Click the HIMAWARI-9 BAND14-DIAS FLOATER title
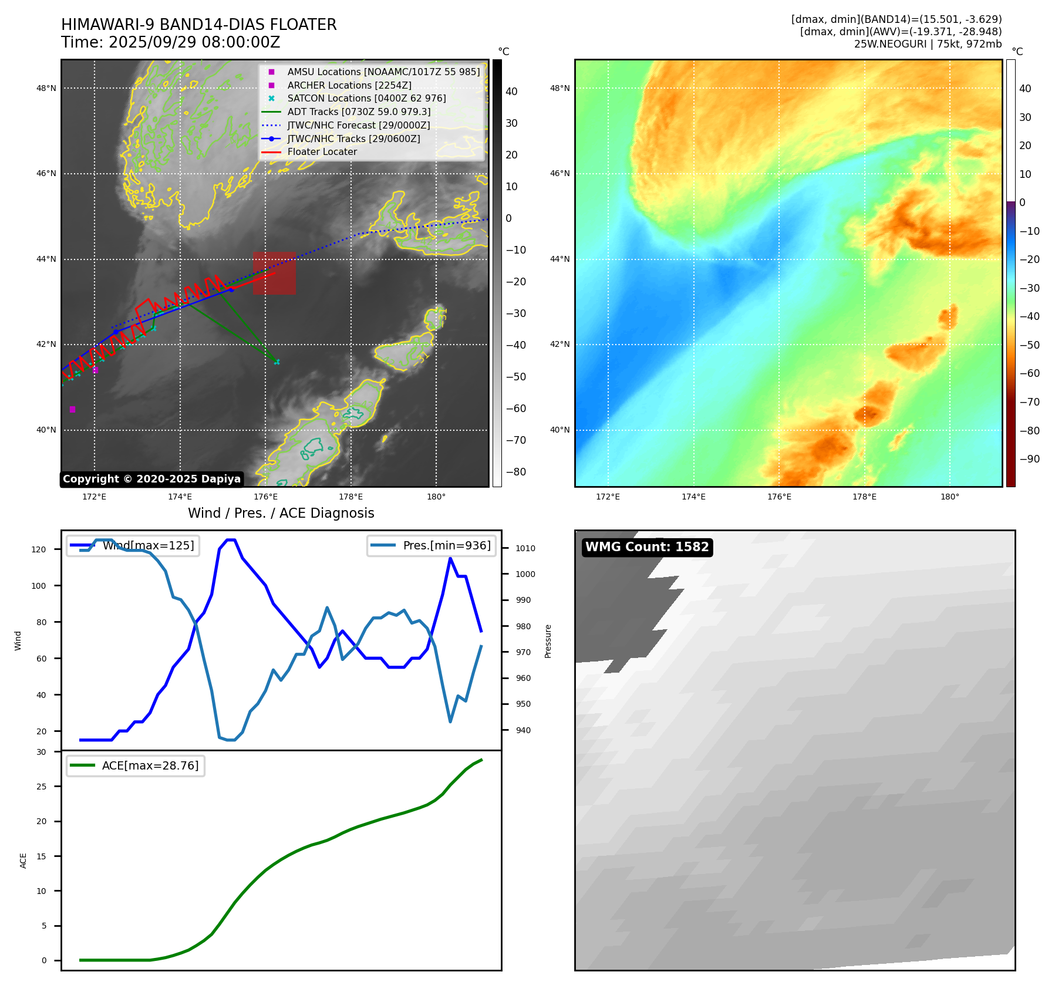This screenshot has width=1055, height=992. (198, 25)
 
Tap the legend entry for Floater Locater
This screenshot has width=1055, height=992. (322, 152)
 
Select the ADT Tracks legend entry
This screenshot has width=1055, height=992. (359, 112)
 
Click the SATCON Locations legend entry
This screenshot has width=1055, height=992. (366, 99)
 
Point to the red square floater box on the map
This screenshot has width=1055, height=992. (274, 273)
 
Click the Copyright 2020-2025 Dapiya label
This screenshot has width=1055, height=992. (151, 479)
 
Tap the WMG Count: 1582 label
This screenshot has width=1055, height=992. (647, 547)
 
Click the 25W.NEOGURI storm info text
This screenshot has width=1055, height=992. (928, 44)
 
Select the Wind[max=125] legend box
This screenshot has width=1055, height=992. (133, 545)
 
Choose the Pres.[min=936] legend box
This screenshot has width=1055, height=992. (432, 545)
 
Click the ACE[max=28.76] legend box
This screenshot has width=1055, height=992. (136, 765)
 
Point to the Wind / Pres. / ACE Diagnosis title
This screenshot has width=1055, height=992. (281, 513)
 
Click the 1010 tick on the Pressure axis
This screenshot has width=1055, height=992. (525, 548)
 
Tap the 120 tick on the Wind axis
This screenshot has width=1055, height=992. (39, 549)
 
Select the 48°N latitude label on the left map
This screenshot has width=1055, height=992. (46, 89)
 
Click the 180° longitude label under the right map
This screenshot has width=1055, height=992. (949, 497)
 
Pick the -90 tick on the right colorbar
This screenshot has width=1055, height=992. (1029, 459)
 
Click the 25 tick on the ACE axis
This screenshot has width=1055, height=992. (42, 787)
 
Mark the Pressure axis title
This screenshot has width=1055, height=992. (548, 641)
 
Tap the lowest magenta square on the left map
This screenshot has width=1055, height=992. (72, 409)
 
